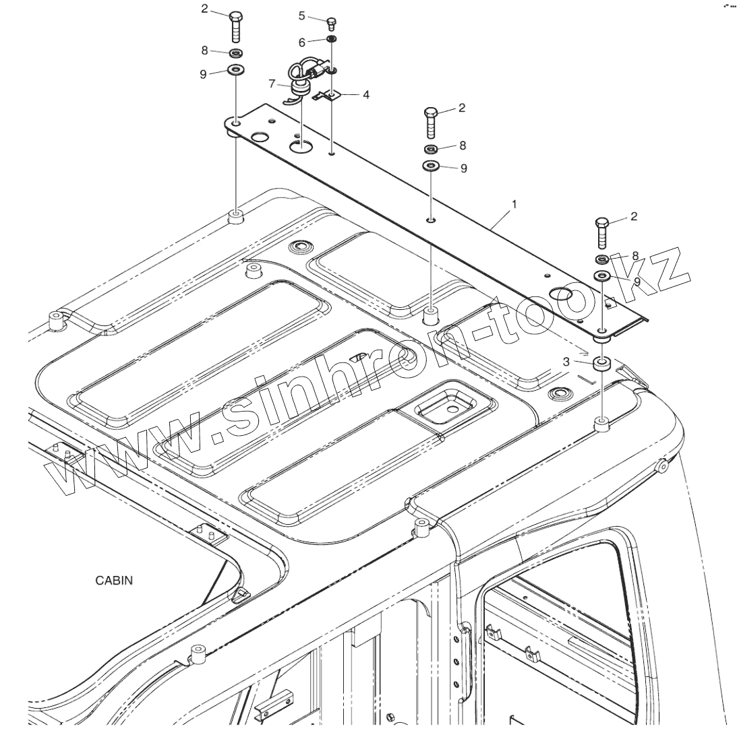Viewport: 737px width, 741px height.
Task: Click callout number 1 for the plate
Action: click(x=514, y=203)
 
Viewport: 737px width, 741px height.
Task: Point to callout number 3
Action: click(x=567, y=362)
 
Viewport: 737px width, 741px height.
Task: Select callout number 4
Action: click(x=366, y=95)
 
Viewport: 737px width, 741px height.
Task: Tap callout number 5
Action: click(x=301, y=15)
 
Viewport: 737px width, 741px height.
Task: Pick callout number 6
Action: click(x=301, y=41)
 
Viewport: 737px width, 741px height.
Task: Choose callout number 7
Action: click(x=272, y=84)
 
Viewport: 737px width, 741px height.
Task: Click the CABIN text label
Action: click(x=114, y=581)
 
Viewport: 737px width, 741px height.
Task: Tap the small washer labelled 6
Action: click(x=332, y=40)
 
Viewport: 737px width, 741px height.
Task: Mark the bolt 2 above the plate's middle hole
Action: click(x=432, y=122)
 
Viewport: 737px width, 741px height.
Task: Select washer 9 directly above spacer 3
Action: click(x=601, y=276)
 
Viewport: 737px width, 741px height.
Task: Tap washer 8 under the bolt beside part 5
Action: click(x=235, y=53)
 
